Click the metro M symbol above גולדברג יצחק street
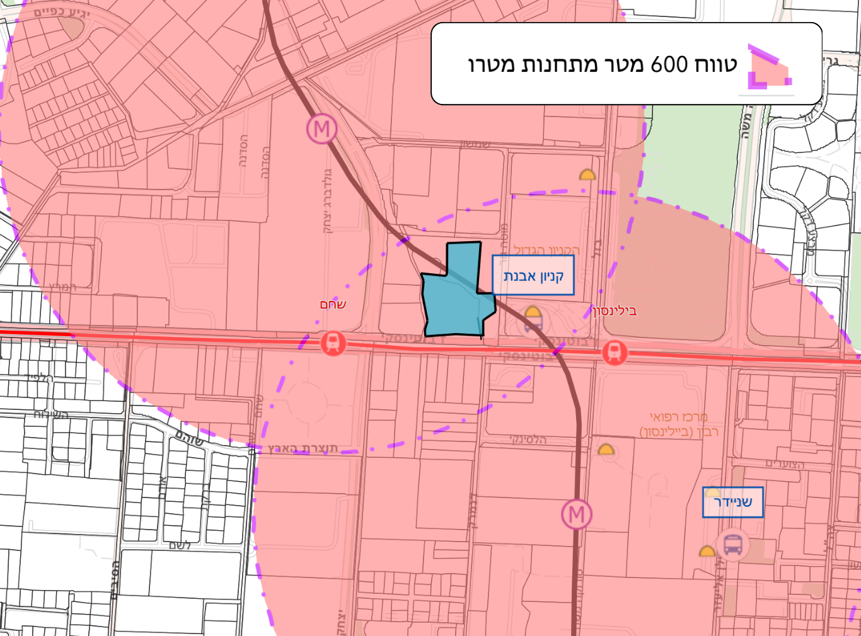(321, 129)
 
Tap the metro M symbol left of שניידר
(577, 514)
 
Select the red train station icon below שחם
(333, 343)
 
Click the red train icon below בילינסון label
(614, 352)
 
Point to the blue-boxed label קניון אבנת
(533, 276)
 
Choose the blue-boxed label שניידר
(733, 502)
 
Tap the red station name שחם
(333, 305)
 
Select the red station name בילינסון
(614, 311)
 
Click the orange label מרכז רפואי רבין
(679, 424)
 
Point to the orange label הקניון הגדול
(546, 250)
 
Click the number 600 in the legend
(669, 64)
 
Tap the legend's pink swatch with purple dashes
(768, 66)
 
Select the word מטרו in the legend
(492, 64)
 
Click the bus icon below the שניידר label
(732, 544)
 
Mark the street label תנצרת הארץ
(303, 448)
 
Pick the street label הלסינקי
(528, 440)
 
